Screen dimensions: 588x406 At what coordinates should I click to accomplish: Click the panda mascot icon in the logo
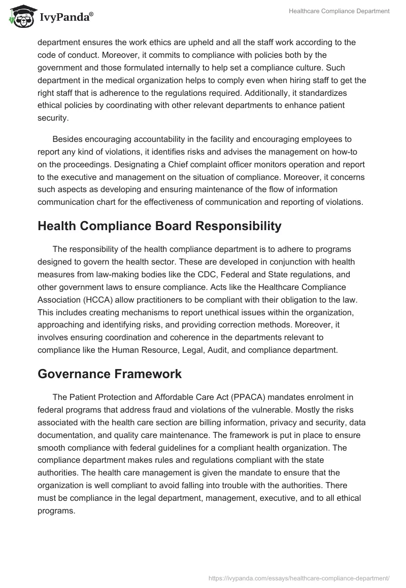20,16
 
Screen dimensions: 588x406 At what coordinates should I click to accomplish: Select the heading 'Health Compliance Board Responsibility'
159,226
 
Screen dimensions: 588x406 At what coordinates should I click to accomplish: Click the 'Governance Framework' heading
109,374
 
